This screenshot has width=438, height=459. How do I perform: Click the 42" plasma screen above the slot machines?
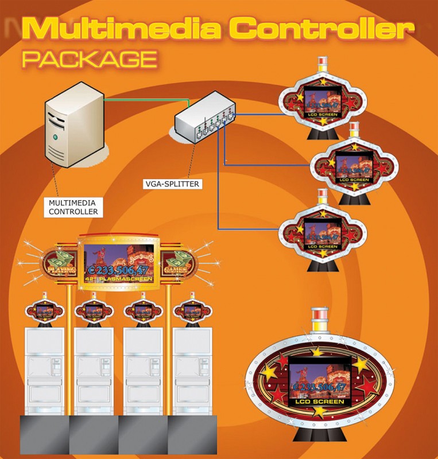click(118, 263)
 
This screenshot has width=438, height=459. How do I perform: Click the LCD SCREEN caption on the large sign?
click(317, 402)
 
